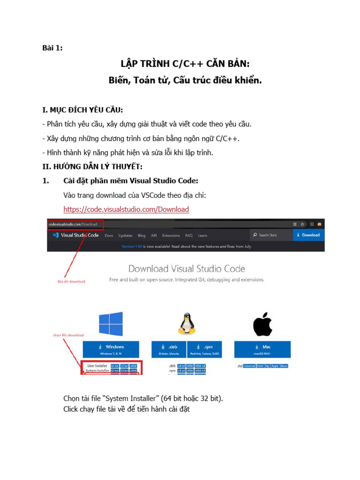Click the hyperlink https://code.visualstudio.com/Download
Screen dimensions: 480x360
[126, 210]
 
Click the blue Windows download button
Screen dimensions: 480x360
[112, 349]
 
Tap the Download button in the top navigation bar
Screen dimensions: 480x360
[308, 235]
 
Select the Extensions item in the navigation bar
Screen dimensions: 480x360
[171, 235]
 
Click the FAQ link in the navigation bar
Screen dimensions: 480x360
[189, 235]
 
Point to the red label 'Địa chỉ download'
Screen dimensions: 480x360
[71, 281]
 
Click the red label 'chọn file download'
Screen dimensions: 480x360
[68, 335]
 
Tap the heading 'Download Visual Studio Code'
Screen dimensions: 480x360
[187, 269]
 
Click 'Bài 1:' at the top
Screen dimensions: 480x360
[52, 47]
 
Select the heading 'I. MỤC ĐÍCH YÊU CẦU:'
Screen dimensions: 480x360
[82, 110]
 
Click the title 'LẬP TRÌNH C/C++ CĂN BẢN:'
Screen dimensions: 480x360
[185, 64]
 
